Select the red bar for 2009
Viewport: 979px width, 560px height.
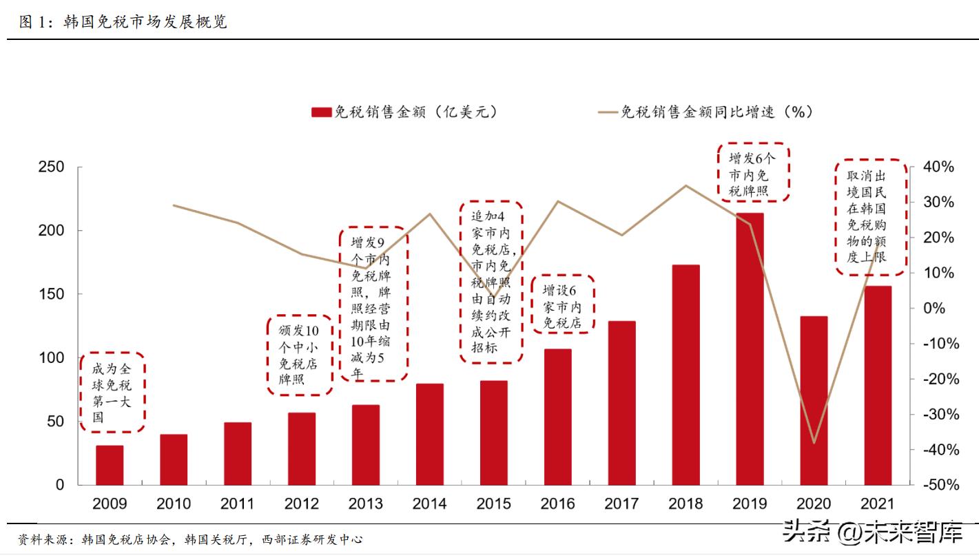click(110, 465)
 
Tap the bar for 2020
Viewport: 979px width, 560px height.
click(814, 400)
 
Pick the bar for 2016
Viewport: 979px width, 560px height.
click(557, 417)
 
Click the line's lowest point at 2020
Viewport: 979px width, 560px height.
click(814, 443)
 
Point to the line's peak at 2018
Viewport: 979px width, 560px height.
click(686, 185)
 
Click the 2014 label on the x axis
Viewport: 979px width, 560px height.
click(429, 504)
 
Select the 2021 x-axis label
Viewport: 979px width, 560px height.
click(878, 504)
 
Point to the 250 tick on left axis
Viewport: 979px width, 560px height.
click(51, 167)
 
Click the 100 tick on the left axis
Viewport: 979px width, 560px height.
click(51, 358)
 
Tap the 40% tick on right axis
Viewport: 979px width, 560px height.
click(939, 167)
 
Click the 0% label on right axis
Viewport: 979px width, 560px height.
click(934, 309)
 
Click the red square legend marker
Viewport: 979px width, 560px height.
click(321, 112)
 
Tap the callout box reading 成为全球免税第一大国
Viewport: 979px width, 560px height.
click(112, 393)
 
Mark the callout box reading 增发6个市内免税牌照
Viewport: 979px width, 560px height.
click(753, 173)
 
